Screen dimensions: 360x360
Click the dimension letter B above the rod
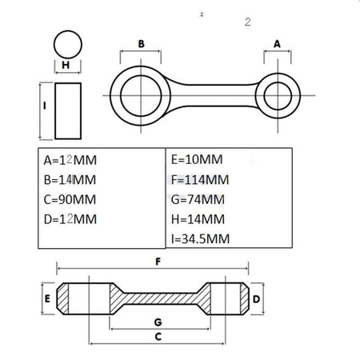point(142,44)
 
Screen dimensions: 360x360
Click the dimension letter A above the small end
point(277,44)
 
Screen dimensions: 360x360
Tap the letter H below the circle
point(66,65)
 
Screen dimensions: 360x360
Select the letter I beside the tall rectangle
point(45,106)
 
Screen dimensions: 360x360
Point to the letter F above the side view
point(158,262)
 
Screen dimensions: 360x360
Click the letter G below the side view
point(158,322)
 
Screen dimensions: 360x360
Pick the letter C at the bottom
point(158,337)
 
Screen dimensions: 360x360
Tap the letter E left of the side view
point(47,298)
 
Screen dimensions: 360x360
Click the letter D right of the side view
point(256,299)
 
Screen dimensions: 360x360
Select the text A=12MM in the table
point(70,160)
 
